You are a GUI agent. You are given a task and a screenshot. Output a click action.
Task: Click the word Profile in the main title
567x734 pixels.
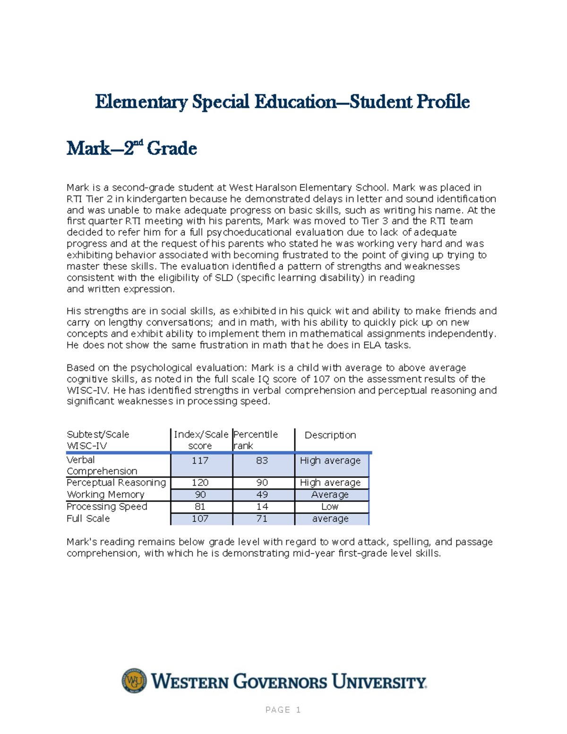click(x=442, y=102)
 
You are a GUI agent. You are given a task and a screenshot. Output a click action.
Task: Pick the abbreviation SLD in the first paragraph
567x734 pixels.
click(x=224, y=278)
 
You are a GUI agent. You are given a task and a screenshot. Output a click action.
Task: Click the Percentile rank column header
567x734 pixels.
click(x=256, y=440)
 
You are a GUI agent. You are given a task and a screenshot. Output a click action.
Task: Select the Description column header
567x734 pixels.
click(x=330, y=435)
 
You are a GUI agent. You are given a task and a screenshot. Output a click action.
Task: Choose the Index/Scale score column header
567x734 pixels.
click(x=201, y=440)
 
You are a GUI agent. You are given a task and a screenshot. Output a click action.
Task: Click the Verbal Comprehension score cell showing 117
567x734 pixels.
click(x=200, y=461)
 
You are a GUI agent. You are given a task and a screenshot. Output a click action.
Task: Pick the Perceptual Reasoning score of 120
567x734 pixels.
click(x=200, y=483)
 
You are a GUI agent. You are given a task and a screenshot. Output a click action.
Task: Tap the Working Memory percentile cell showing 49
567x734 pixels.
click(x=262, y=494)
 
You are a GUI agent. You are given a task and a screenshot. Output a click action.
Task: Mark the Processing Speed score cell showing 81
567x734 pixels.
click(x=200, y=507)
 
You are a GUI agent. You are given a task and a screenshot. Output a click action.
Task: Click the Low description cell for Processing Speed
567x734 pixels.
click(x=330, y=507)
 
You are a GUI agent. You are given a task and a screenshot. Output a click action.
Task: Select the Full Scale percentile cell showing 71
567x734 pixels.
click(x=262, y=518)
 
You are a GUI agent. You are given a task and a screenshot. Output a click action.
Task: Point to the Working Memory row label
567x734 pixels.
click(x=105, y=494)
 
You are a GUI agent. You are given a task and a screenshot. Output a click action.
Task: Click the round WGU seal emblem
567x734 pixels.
click(x=134, y=681)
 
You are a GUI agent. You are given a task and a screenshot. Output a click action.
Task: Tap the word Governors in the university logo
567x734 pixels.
click(x=280, y=682)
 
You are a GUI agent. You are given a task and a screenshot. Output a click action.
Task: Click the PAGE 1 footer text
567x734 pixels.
click(x=283, y=710)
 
